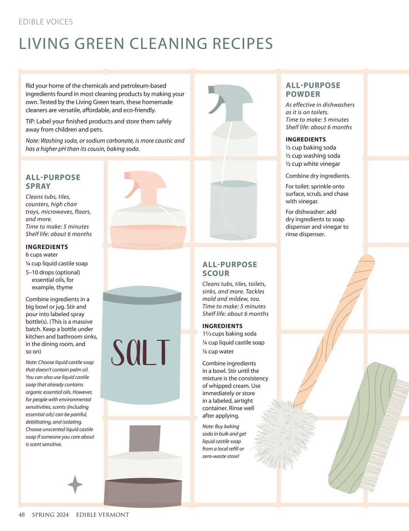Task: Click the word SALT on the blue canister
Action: pyautogui.click(x=140, y=352)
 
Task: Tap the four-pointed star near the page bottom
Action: pyautogui.click(x=75, y=484)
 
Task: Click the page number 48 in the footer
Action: pyautogui.click(x=22, y=515)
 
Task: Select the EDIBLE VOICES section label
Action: pyautogui.click(x=46, y=22)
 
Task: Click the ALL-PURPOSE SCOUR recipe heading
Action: pyautogui.click(x=230, y=269)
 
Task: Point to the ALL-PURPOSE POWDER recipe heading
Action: pyautogui.click(x=313, y=90)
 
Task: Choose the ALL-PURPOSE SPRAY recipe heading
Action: pyautogui.click(x=53, y=182)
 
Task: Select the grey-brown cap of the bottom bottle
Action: pyautogui.click(x=145, y=438)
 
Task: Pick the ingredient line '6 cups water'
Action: pyautogui.click(x=42, y=255)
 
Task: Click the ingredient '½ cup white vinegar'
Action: pyautogui.click(x=313, y=164)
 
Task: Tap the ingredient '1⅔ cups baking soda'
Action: pyautogui.click(x=229, y=334)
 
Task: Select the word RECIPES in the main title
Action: pyautogui.click(x=243, y=44)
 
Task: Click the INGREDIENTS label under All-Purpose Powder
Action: pyautogui.click(x=306, y=139)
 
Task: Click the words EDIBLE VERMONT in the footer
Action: pyautogui.click(x=103, y=515)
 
